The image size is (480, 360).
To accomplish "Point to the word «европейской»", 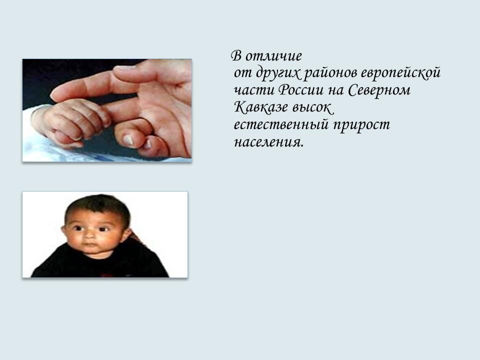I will pos(400,73).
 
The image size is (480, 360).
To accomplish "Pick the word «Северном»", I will pos(378,91).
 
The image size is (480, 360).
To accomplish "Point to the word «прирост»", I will pos(361,125).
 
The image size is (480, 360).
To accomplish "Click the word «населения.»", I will pos(268,142).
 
